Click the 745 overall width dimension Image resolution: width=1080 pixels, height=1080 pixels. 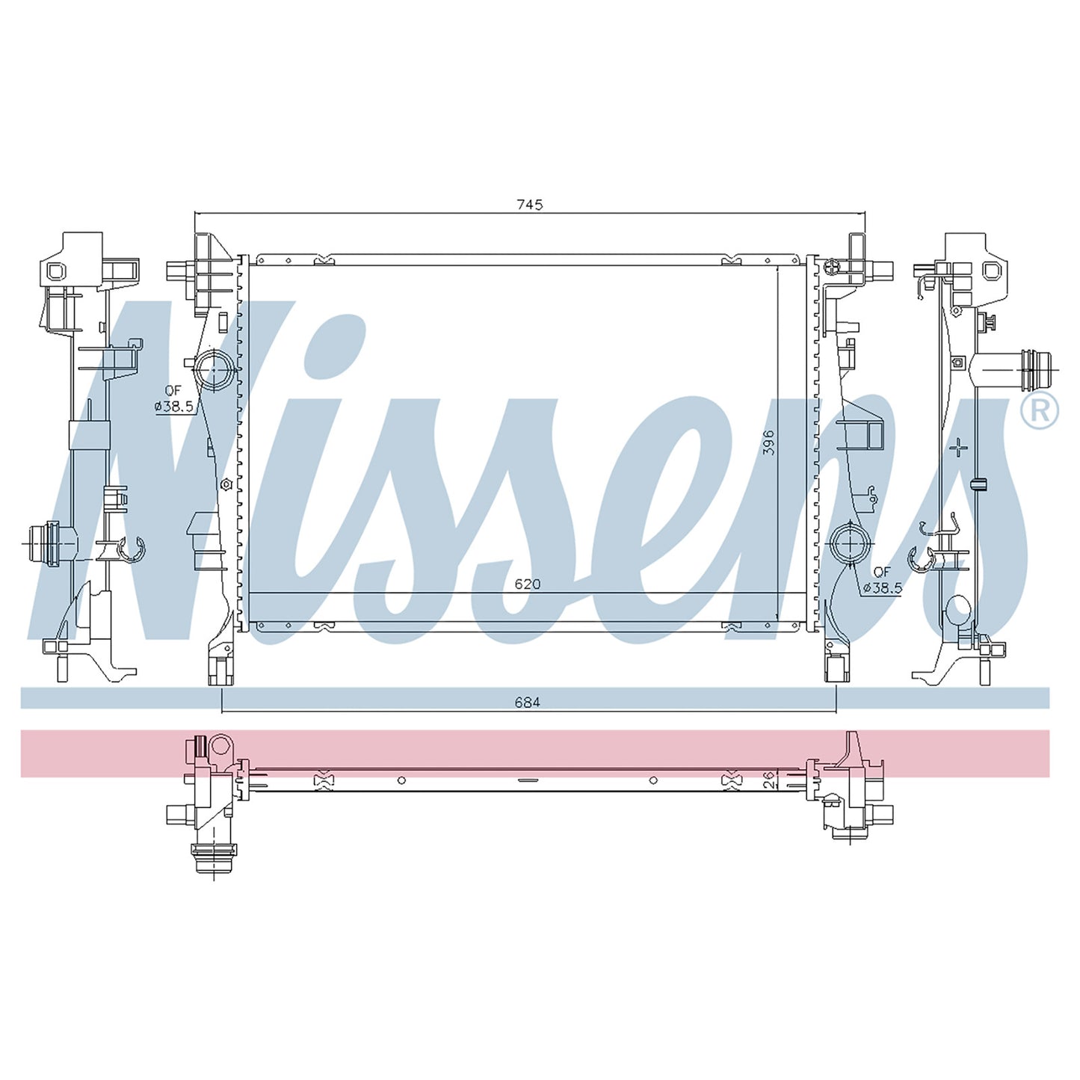tap(530, 205)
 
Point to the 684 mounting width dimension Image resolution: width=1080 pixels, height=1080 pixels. tap(528, 702)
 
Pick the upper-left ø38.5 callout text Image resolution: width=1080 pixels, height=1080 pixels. tap(174, 407)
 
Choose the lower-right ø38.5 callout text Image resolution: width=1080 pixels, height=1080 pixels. tap(883, 588)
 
